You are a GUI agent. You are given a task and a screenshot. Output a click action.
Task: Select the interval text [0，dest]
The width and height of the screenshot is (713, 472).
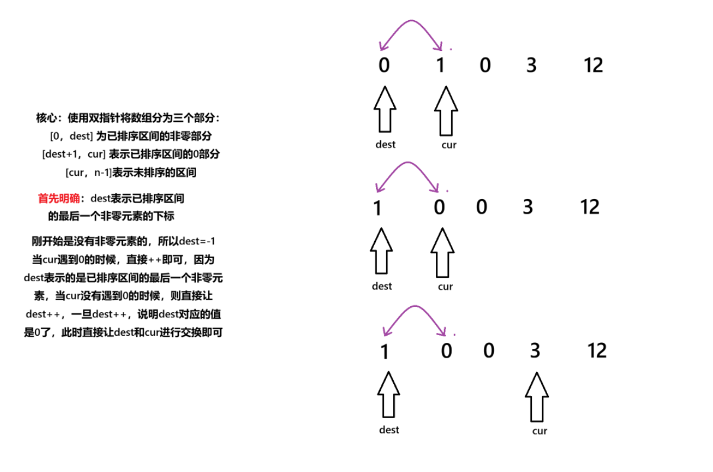point(72,136)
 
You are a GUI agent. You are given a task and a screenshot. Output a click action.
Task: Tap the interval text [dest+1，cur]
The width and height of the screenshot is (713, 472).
point(75,154)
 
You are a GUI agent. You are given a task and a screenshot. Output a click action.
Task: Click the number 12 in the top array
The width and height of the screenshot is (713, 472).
point(593,65)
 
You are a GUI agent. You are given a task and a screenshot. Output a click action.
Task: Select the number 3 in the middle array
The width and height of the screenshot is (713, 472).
point(528,207)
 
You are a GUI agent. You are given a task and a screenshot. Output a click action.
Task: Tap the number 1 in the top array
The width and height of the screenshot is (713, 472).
point(440,65)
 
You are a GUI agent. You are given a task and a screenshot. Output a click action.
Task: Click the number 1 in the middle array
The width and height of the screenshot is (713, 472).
point(378,208)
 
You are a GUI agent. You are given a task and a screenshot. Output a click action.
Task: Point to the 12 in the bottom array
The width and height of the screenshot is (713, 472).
point(597,351)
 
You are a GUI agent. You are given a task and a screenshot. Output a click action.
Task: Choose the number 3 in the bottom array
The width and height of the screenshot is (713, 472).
point(535,351)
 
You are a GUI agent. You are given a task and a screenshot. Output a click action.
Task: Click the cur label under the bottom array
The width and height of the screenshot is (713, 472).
point(539,431)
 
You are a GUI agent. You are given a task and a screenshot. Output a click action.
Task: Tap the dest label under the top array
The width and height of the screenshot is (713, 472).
point(385,144)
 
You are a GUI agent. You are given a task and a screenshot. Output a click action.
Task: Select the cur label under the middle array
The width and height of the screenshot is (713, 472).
point(445,287)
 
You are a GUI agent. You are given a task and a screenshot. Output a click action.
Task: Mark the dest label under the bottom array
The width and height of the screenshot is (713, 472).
point(389,429)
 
